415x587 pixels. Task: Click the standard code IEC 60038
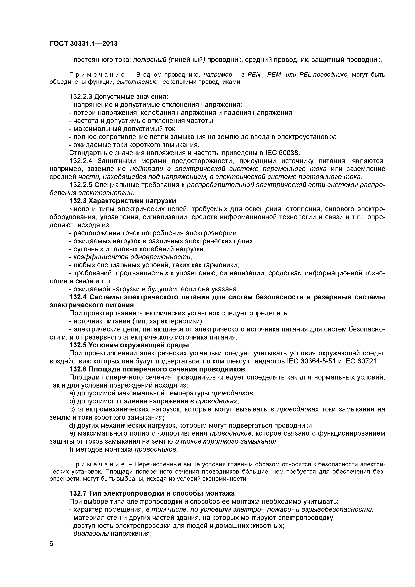click(282, 153)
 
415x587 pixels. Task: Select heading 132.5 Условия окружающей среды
click(129, 345)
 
